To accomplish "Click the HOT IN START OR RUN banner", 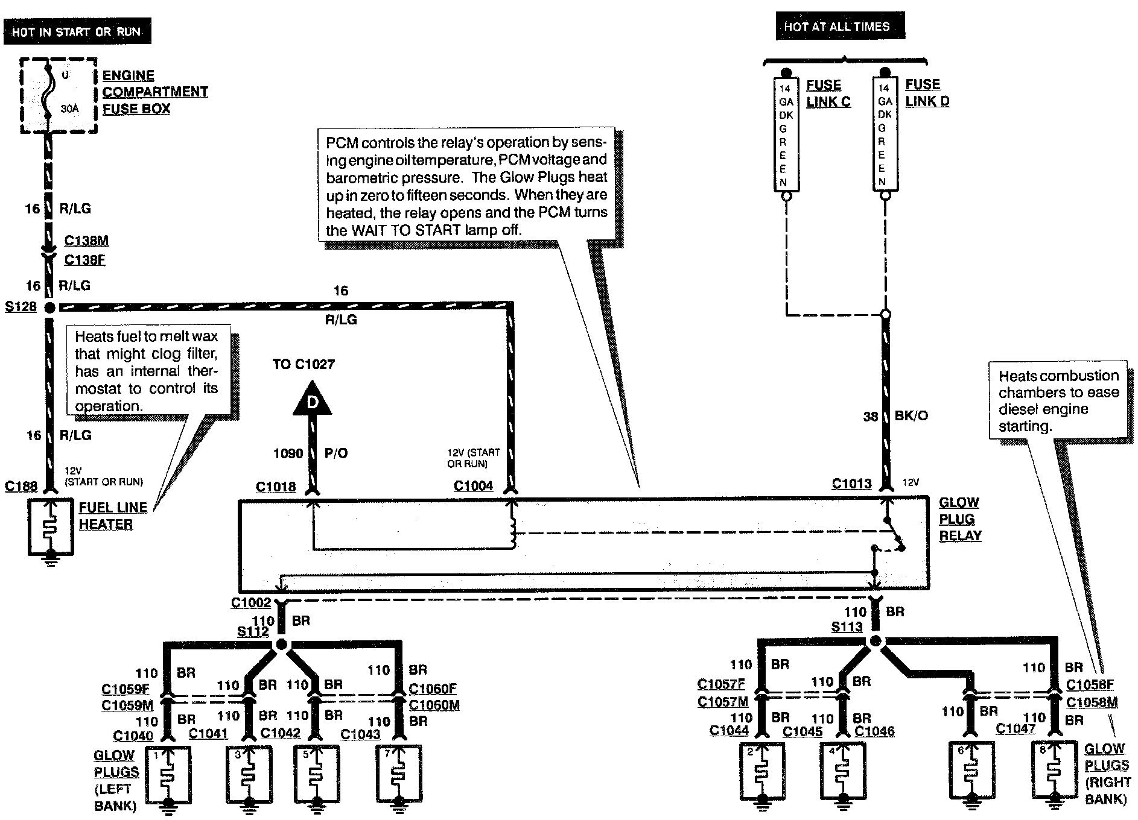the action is coord(77,32).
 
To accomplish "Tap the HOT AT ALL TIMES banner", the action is coord(839,27).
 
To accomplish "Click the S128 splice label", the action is coord(21,307).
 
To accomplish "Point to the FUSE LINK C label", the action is coord(828,93).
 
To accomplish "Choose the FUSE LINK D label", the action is coord(927,93).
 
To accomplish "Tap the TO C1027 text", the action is coord(303,364).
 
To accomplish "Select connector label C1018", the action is coord(276,487).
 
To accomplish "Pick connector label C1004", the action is coord(473,485).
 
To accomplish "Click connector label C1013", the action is coord(851,483).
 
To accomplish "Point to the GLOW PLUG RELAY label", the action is coord(960,519).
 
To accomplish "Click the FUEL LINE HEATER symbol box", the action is coord(51,527).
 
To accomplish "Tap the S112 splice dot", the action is coord(281,645).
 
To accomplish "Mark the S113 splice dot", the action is coord(875,641).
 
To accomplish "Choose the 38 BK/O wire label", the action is coord(895,416).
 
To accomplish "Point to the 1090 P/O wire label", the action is coord(311,453).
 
